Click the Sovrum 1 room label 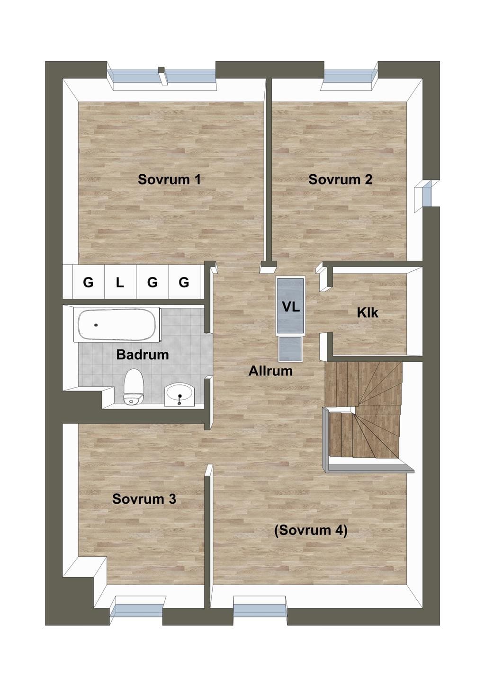click(x=169, y=179)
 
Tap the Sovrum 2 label click(x=340, y=179)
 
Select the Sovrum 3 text click(x=144, y=499)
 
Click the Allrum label click(x=270, y=371)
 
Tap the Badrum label click(x=143, y=355)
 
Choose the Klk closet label click(x=368, y=313)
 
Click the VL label click(x=291, y=307)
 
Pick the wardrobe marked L click(x=120, y=281)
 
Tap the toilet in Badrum click(x=133, y=387)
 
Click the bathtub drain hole click(x=96, y=325)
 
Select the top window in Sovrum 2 click(x=349, y=76)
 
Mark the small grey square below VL click(x=290, y=349)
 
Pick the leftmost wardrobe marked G click(x=89, y=281)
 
